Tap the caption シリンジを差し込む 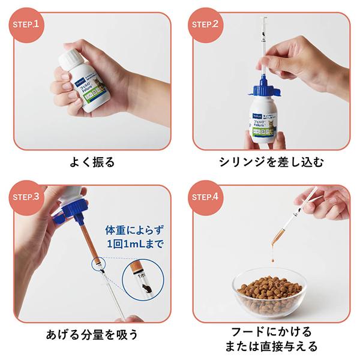pos(269,162)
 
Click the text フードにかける pos(268,331)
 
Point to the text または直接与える pos(268,347)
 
